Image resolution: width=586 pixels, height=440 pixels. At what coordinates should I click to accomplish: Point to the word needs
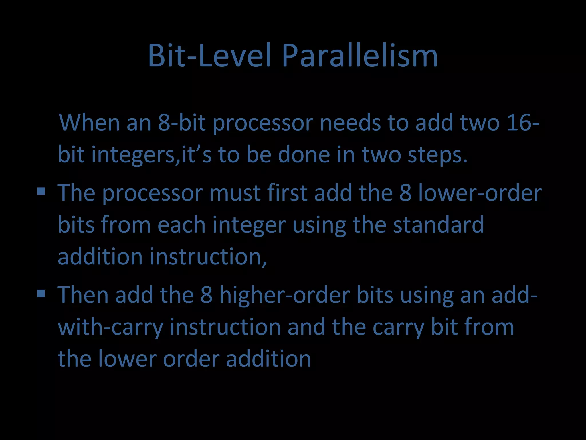(x=350, y=123)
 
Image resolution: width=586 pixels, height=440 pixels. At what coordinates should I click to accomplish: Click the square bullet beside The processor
(x=41, y=191)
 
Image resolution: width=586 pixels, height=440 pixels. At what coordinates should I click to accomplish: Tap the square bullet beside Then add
(x=41, y=293)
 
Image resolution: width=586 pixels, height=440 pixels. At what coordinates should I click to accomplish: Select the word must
(x=235, y=193)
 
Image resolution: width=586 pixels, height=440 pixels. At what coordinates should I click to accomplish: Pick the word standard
(x=438, y=225)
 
